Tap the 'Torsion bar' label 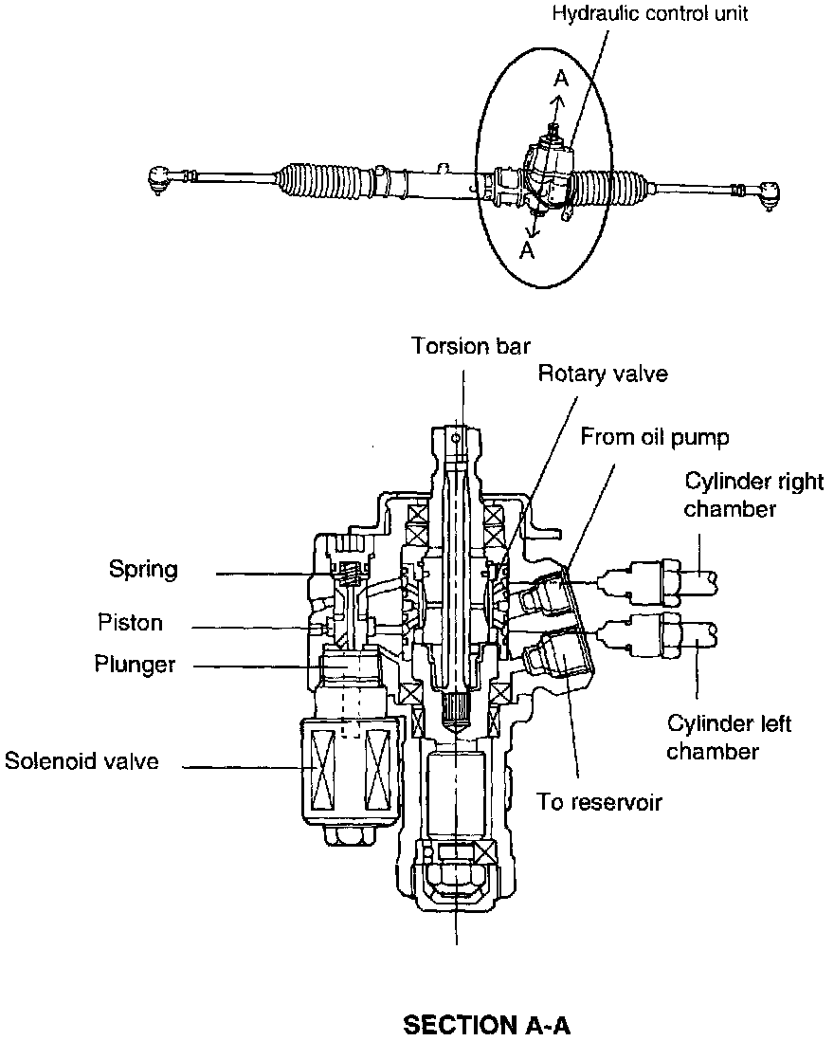pyautogui.click(x=470, y=345)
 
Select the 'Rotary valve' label pyautogui.click(x=603, y=374)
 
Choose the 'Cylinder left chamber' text pyautogui.click(x=729, y=739)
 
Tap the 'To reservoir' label pyautogui.click(x=598, y=802)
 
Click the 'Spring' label pyautogui.click(x=143, y=570)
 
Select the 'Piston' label pyautogui.click(x=130, y=623)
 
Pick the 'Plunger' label pyautogui.click(x=135, y=664)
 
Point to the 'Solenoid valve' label pyautogui.click(x=82, y=760)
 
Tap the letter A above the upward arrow pyautogui.click(x=561, y=80)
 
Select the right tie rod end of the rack pyautogui.click(x=766, y=194)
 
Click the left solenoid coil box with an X pyautogui.click(x=323, y=768)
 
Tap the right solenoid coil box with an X pyautogui.click(x=377, y=768)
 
